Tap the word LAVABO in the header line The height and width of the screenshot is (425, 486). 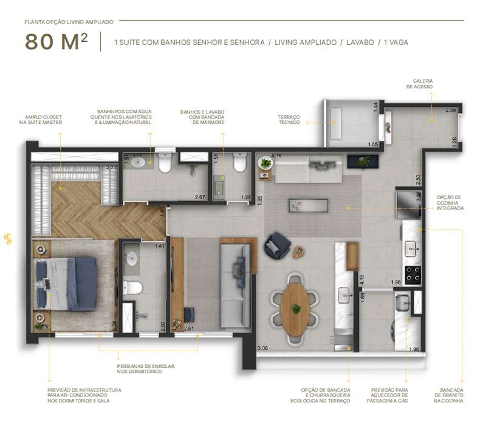pos(358,42)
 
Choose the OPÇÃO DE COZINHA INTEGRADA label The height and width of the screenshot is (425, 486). pos(450,203)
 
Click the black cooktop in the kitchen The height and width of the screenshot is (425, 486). pos(413,275)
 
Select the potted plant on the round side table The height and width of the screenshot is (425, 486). pos(265,163)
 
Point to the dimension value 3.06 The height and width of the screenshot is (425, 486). pos(262,348)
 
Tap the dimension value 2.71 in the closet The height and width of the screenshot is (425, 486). pos(111,168)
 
